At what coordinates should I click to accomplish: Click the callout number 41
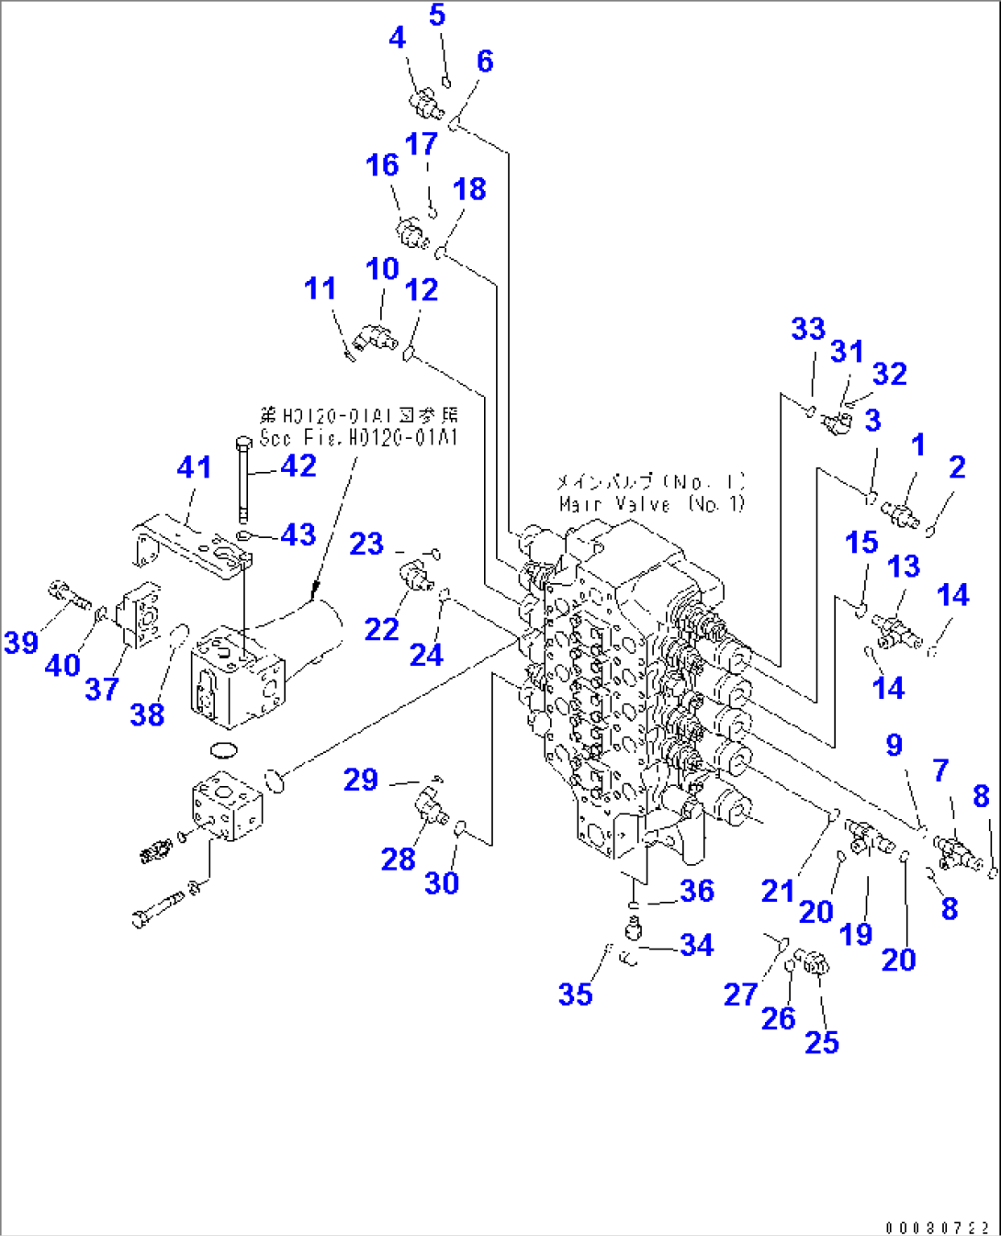click(194, 467)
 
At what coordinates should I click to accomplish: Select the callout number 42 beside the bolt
click(298, 466)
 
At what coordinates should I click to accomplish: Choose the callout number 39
click(21, 642)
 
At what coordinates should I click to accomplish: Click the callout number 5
click(437, 15)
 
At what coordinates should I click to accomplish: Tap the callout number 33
click(808, 329)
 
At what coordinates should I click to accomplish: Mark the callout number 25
click(822, 1042)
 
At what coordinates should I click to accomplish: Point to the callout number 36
click(697, 890)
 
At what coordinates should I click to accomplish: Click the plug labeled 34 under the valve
click(633, 930)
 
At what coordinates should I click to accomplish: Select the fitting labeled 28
click(430, 803)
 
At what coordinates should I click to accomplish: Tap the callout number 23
click(366, 544)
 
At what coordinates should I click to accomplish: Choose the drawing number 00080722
click(938, 1227)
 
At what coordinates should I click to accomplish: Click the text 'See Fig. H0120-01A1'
click(358, 438)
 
